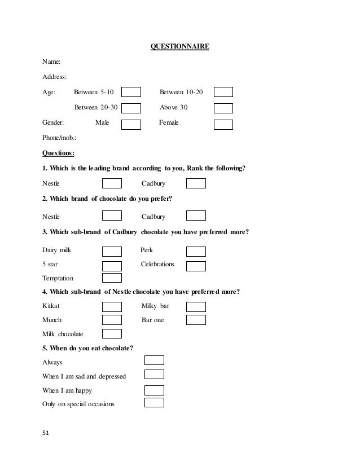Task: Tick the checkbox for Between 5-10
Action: pyautogui.click(x=131, y=93)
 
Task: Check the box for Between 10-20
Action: pyautogui.click(x=223, y=93)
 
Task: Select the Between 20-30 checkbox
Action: pyautogui.click(x=131, y=108)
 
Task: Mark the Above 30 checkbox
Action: pyautogui.click(x=223, y=108)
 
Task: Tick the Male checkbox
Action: pyautogui.click(x=131, y=124)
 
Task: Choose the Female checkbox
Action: pyautogui.click(x=223, y=124)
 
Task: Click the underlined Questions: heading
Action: pyautogui.click(x=59, y=152)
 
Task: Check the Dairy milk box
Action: pyautogui.click(x=112, y=251)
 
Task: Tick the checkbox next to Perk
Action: pyautogui.click(x=196, y=251)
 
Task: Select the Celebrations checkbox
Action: pyautogui.click(x=196, y=266)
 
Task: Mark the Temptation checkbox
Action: pyautogui.click(x=112, y=278)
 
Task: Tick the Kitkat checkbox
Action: pyautogui.click(x=112, y=307)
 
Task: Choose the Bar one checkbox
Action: pyautogui.click(x=196, y=320)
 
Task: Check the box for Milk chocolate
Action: pyautogui.click(x=112, y=333)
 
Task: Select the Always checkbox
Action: pyautogui.click(x=154, y=360)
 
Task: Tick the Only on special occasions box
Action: pyautogui.click(x=154, y=403)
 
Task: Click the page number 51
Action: pyautogui.click(x=46, y=433)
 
